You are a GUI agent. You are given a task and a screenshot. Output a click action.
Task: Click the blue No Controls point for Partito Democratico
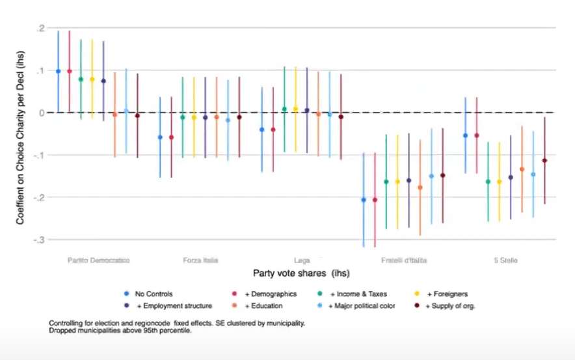point(58,71)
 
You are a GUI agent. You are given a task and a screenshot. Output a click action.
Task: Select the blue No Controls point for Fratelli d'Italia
point(364,200)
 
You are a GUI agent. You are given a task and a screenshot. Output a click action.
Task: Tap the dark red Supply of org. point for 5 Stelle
point(544,160)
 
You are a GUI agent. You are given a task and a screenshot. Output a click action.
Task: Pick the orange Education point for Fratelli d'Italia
point(420,187)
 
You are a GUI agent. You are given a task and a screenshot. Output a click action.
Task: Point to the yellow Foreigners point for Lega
point(295,109)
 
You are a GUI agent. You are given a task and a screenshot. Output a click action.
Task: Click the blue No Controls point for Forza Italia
point(160,137)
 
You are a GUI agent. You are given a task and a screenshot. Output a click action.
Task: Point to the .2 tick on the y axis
point(40,29)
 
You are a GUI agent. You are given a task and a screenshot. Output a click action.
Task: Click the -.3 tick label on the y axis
point(38,240)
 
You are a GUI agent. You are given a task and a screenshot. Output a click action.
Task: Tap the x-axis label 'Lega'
point(302,260)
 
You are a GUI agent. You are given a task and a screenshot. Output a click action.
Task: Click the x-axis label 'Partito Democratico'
point(98,260)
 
